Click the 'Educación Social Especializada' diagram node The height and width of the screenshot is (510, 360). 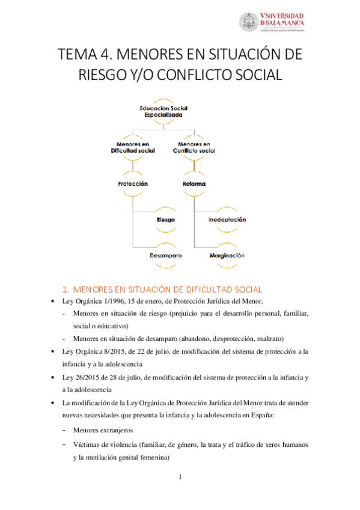point(159,111)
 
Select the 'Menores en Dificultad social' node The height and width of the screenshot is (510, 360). point(133,147)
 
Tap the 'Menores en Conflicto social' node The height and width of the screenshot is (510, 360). point(194,147)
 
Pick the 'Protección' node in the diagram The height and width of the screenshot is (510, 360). point(133,183)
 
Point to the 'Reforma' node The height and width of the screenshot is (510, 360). point(194,183)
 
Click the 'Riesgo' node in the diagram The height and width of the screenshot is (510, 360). point(165,220)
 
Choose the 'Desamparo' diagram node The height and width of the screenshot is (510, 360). point(165,255)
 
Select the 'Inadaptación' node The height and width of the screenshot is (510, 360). point(227,220)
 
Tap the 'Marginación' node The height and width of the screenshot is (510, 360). point(227,255)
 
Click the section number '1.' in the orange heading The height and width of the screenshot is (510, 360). point(67,288)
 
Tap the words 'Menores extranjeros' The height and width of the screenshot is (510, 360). point(103,431)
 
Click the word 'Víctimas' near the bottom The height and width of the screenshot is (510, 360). point(87,444)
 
